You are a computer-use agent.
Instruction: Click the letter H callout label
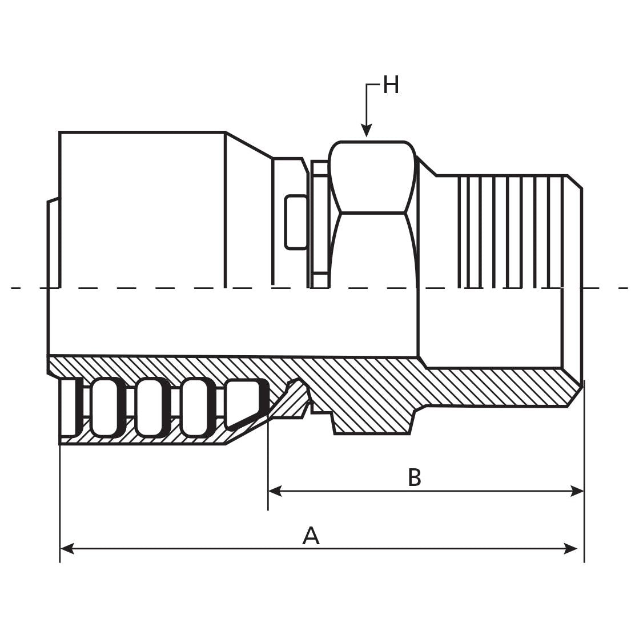[391, 86]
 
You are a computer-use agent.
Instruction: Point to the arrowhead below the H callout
[367, 131]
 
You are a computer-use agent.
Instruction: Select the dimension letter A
[311, 536]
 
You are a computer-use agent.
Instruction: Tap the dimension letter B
[414, 477]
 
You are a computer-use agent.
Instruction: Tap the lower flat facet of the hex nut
[372, 251]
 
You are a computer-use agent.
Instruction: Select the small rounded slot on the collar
[296, 222]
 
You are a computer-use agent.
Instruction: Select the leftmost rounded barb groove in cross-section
[106, 408]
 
